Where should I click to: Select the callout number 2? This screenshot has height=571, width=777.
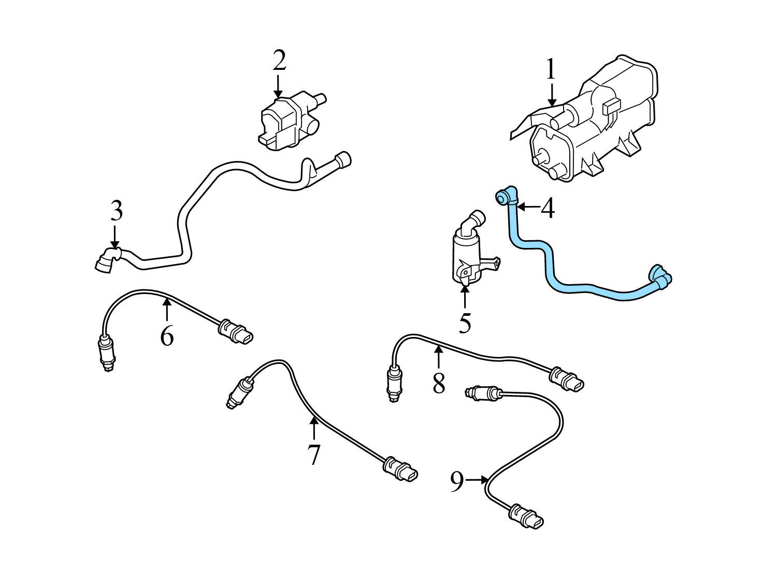(279, 61)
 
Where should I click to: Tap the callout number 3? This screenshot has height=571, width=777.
(116, 211)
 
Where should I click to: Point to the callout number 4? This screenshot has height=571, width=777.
(548, 208)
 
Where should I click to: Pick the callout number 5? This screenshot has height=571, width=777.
(465, 323)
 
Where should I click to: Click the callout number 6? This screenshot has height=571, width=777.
(166, 336)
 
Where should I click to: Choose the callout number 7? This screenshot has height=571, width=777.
(313, 455)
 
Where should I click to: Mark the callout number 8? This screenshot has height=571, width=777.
(438, 384)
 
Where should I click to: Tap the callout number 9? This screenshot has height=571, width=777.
(456, 482)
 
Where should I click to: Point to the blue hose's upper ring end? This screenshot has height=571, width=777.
(503, 197)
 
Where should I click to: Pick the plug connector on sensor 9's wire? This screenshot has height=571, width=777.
(527, 516)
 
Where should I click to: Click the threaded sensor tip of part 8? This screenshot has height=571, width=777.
(393, 390)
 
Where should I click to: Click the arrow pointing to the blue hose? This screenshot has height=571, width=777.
(528, 207)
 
